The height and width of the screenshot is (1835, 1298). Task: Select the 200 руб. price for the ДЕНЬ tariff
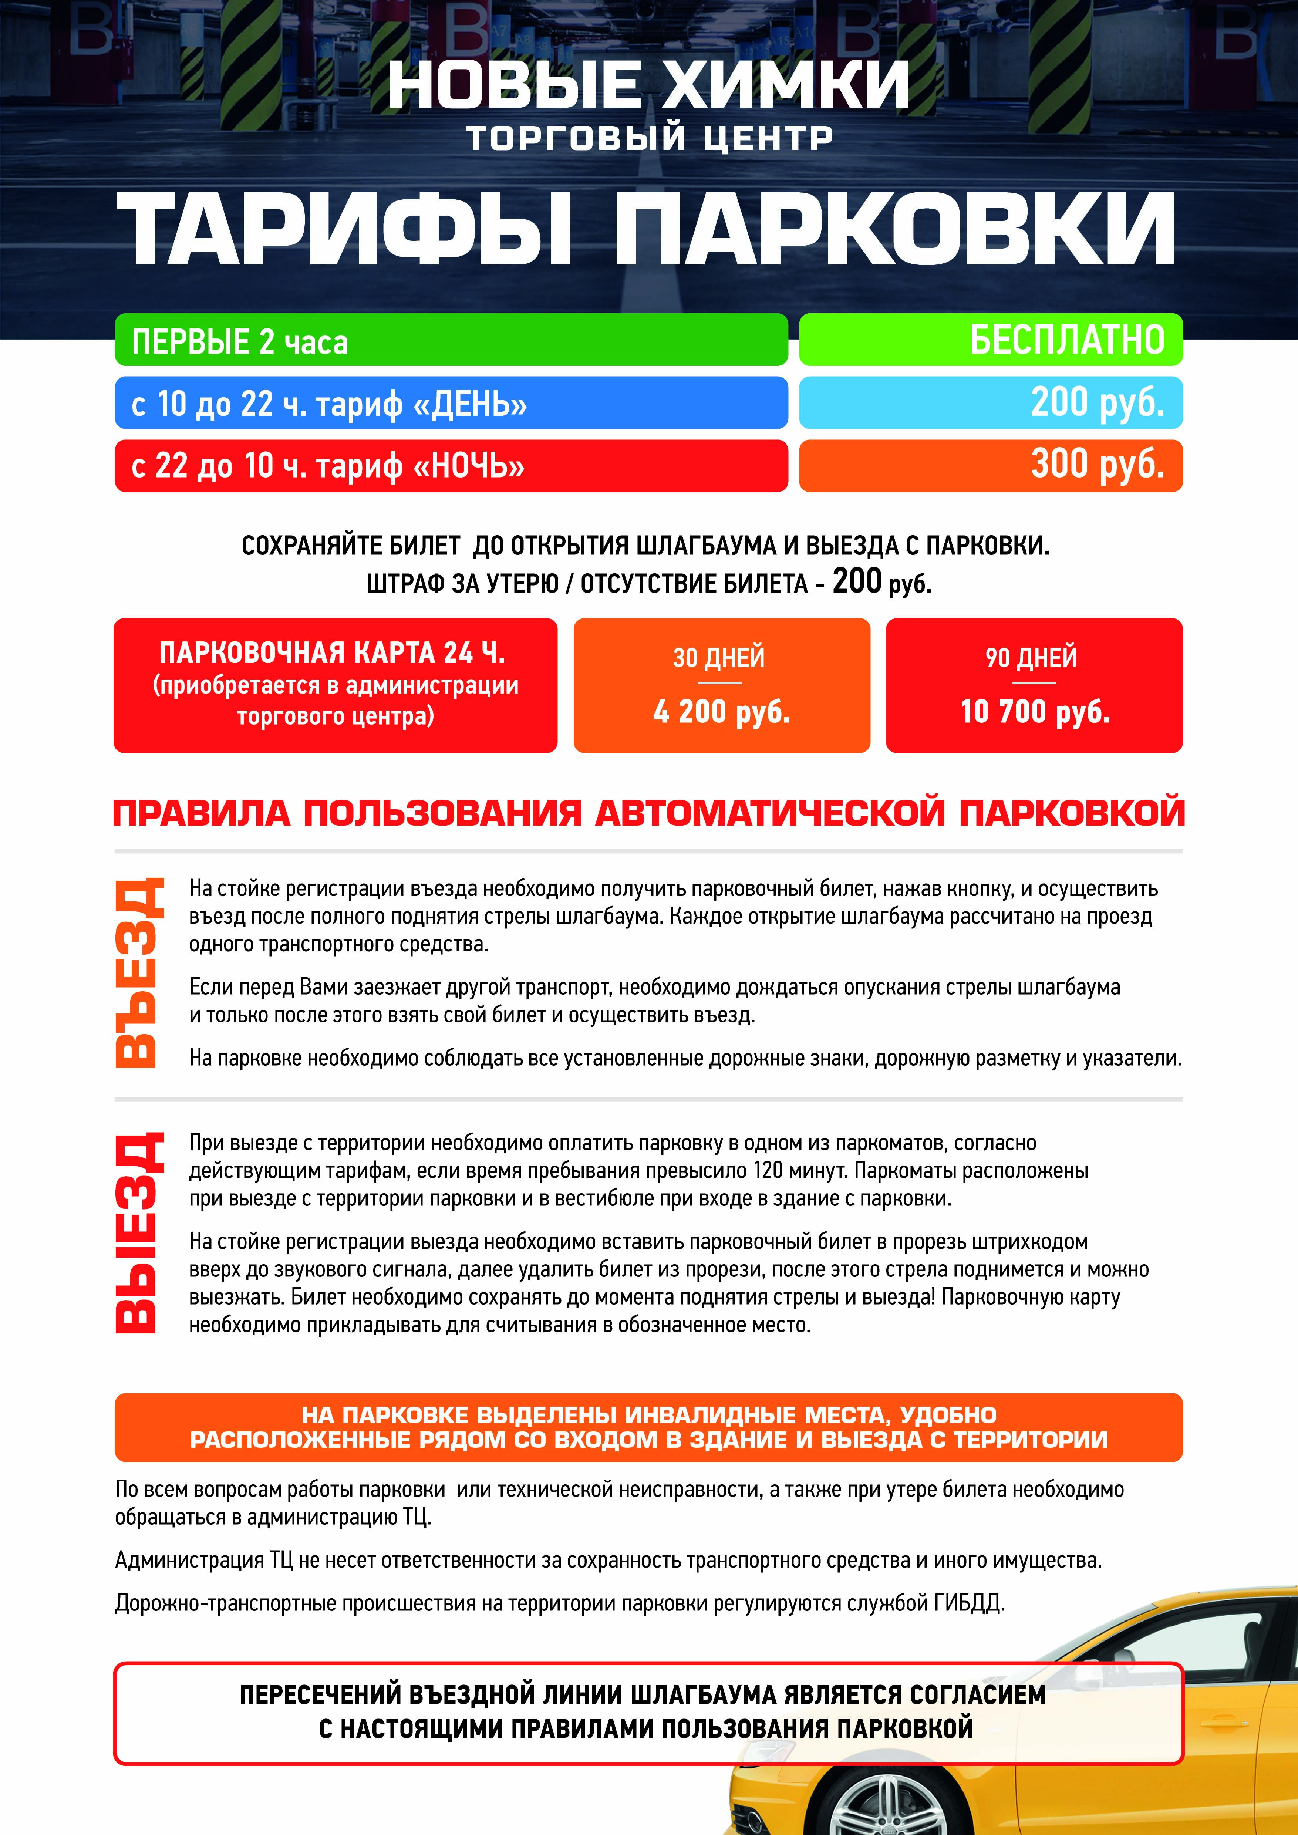click(1096, 402)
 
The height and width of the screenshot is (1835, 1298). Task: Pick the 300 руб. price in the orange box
click(1096, 464)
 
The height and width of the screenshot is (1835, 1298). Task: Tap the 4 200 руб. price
click(721, 711)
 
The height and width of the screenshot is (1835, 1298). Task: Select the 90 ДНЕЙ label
click(1031, 658)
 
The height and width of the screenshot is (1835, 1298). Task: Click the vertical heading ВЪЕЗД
click(138, 973)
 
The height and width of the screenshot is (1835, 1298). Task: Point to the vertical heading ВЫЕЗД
click(138, 1232)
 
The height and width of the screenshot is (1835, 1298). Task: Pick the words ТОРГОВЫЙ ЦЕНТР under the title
click(650, 138)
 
